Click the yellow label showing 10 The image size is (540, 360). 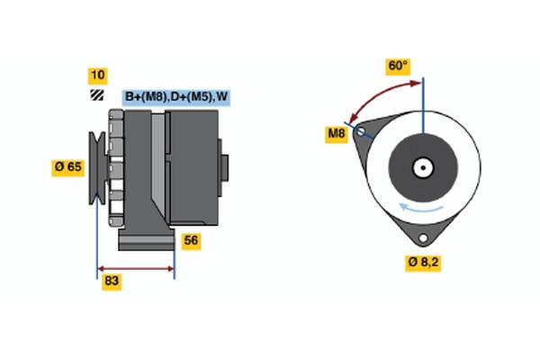click(96, 75)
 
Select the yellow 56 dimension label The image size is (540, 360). click(191, 240)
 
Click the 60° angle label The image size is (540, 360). click(397, 66)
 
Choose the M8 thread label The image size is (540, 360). click(337, 135)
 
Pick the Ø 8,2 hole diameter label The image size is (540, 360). click(423, 262)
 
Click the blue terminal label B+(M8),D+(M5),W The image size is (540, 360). click(176, 97)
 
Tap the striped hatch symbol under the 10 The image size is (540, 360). click(95, 95)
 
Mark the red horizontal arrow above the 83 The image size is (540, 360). click(136, 268)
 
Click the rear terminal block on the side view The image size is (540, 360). click(224, 166)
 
